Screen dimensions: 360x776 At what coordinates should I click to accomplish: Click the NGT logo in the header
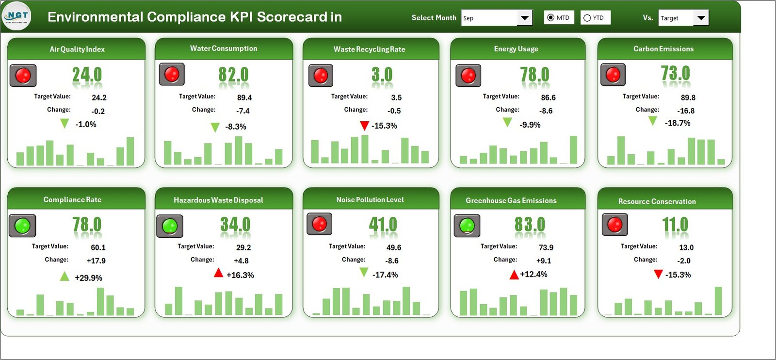[16, 16]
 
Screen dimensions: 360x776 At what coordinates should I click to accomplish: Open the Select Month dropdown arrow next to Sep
[524, 18]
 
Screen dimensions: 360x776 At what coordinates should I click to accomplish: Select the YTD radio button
[587, 18]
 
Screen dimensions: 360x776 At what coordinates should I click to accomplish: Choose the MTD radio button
[550, 18]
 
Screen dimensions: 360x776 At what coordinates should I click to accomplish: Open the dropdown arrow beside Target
[701, 18]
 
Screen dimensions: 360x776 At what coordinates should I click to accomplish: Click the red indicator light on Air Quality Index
[23, 75]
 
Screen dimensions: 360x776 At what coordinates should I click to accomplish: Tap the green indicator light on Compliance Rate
[22, 225]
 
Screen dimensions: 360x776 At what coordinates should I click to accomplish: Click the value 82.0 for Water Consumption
[233, 75]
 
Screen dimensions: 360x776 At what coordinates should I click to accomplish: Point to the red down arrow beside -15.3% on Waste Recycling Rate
[364, 126]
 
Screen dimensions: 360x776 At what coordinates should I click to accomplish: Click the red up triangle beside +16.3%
[218, 273]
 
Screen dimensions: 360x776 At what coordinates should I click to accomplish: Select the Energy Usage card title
[516, 49]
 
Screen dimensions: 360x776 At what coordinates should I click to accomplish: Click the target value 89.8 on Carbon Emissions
[688, 98]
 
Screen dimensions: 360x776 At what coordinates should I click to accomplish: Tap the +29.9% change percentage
[88, 278]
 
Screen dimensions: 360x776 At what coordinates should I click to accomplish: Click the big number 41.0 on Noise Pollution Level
[383, 225]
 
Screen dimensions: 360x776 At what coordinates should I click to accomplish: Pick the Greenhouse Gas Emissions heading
[511, 200]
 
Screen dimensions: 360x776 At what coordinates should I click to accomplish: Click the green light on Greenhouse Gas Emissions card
[467, 225]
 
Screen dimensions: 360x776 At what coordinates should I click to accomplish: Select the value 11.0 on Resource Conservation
[675, 225]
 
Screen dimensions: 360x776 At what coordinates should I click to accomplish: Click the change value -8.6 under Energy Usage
[546, 111]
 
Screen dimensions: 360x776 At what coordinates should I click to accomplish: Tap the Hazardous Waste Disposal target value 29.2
[243, 247]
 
